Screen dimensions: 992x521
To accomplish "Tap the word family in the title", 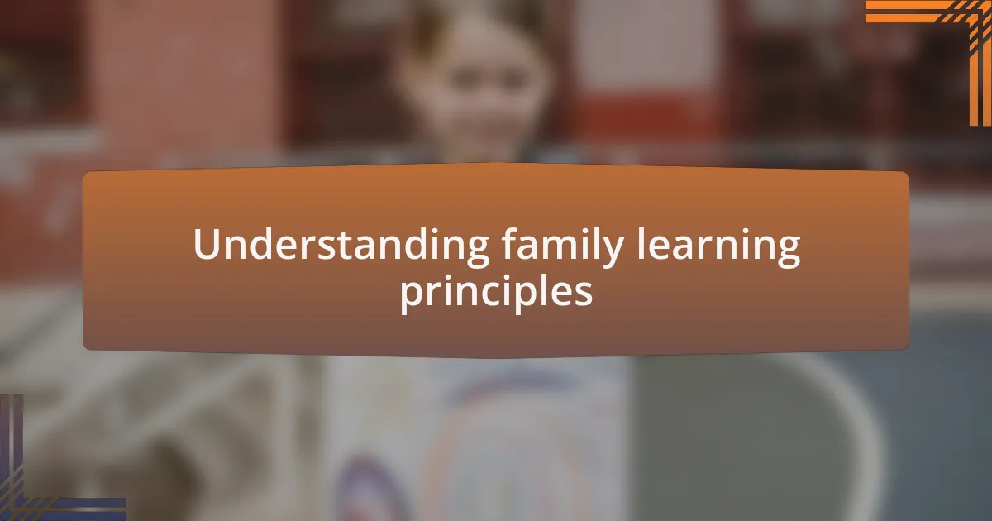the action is point(563,246).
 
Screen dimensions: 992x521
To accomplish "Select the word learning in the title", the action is point(719,246).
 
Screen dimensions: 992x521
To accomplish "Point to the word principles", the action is point(497,293).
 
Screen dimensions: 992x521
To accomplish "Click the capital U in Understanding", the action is point(207,244).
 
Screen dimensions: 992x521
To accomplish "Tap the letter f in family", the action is point(511,243).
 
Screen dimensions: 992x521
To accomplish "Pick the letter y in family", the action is point(612,251).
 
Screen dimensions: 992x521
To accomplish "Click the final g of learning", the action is point(787,251).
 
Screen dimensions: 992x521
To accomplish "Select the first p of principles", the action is point(413,298).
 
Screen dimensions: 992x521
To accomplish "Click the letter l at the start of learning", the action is point(641,243).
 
